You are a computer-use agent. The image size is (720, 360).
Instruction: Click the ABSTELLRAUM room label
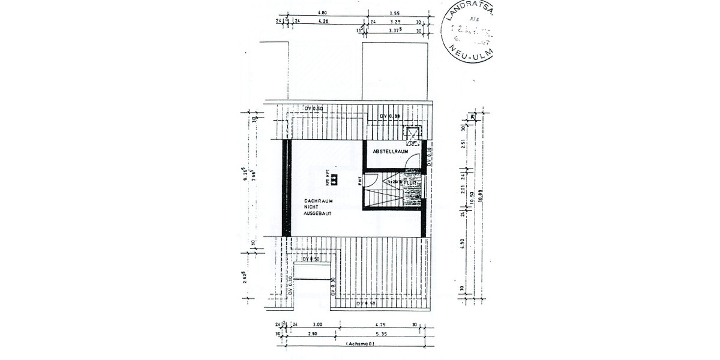tap(391, 152)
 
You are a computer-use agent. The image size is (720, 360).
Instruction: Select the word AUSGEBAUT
tap(318, 213)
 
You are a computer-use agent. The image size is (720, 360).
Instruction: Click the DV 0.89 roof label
tap(390, 116)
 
